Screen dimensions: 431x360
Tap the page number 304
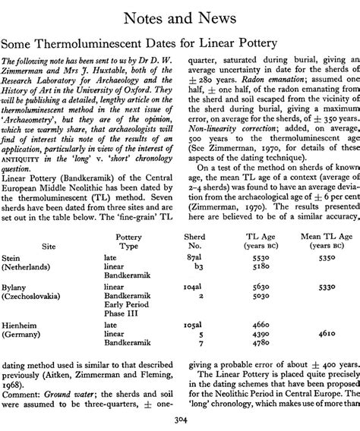pyautogui.click(x=179, y=420)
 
